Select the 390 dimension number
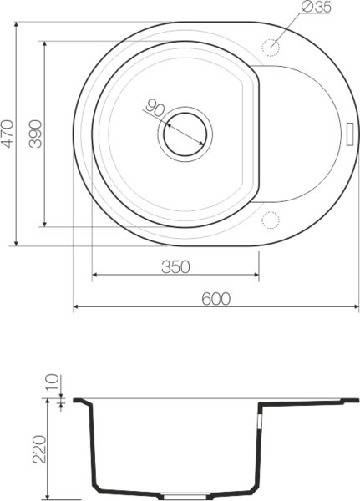35,132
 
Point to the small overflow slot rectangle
350,133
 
